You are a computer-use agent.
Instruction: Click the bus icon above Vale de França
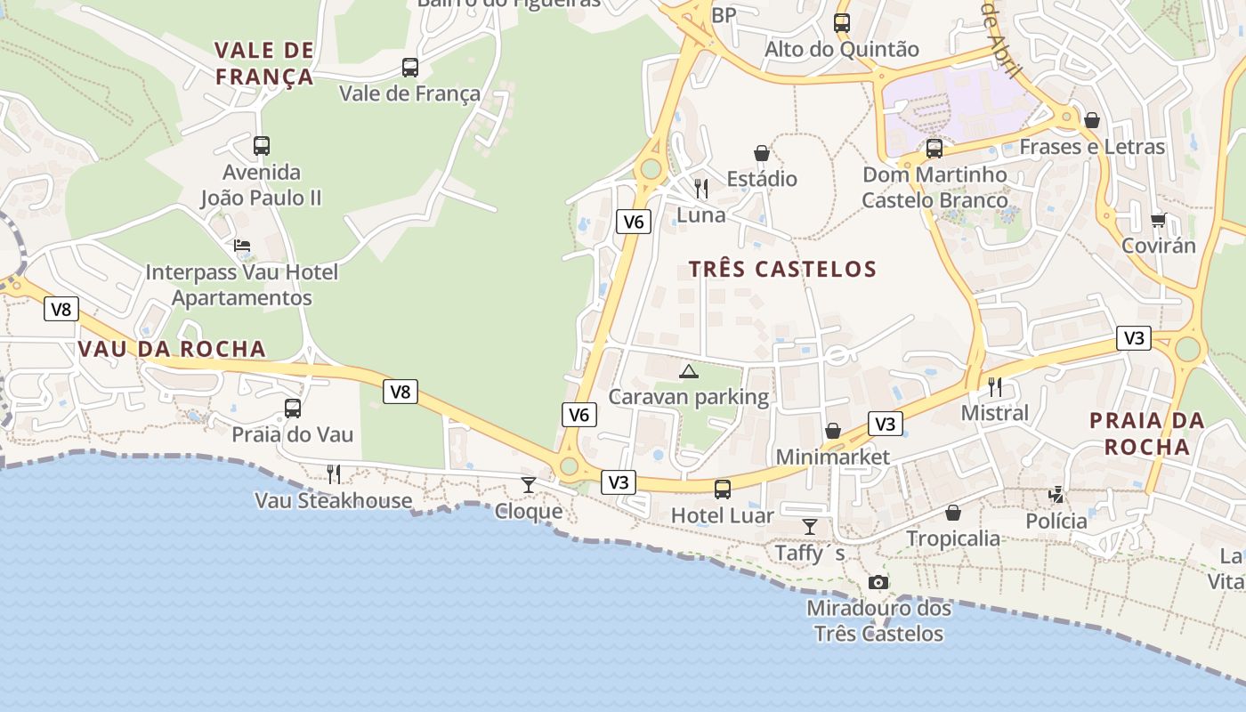[x=409, y=68]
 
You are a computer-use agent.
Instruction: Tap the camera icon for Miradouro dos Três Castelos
[x=878, y=582]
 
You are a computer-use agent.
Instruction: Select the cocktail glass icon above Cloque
[x=529, y=485]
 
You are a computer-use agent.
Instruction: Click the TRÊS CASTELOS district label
[x=782, y=269]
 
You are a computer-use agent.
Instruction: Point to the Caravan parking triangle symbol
[x=688, y=371]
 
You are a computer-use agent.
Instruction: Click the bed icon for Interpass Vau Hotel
[x=242, y=246]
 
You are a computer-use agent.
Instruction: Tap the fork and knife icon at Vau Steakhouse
[x=333, y=473]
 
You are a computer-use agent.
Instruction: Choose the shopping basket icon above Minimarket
[x=833, y=431]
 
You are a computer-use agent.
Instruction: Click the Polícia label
[x=1056, y=521]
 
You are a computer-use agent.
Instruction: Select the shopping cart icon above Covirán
[x=1158, y=219]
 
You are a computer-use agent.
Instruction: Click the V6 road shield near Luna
[x=633, y=222]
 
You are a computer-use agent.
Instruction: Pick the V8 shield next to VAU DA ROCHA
[x=61, y=309]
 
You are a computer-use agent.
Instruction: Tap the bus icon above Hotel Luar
[x=723, y=489]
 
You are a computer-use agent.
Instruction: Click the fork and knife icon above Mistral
[x=995, y=386]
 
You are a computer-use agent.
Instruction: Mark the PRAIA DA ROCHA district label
[x=1147, y=433]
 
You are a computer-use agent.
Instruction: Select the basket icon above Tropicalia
[x=953, y=513]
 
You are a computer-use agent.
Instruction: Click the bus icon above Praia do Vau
[x=292, y=409]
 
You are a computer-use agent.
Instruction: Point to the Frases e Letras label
[x=1092, y=147]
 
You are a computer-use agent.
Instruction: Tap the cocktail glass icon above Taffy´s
[x=809, y=527]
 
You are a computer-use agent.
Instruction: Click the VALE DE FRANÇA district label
[x=264, y=63]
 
